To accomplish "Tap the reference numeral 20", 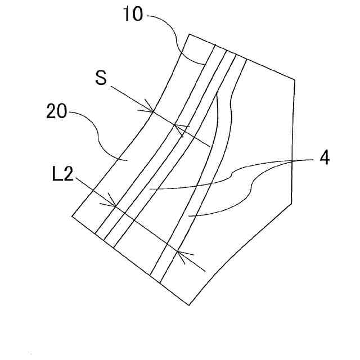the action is [56, 111].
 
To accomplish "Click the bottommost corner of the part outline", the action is [188, 305].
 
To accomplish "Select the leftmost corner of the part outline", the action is [73, 215].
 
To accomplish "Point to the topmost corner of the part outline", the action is [189, 34].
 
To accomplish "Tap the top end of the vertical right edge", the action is [295, 79].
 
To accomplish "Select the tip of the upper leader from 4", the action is [151, 189].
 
